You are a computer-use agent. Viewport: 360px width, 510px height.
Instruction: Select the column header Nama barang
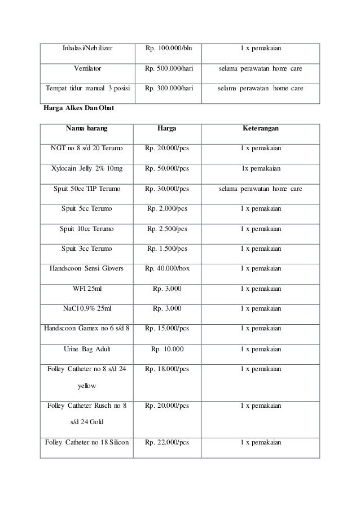coord(87,129)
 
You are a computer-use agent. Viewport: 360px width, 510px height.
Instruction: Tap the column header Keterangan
coord(260,129)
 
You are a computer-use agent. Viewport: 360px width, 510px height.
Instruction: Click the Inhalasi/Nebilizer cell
coord(87,48)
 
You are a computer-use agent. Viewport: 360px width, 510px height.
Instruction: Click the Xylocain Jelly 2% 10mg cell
coord(87,168)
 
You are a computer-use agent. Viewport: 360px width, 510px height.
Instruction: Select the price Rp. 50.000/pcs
coord(167,168)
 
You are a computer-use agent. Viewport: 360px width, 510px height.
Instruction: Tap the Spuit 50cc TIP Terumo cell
coord(87,189)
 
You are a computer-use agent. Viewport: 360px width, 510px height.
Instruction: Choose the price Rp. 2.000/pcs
coord(167,208)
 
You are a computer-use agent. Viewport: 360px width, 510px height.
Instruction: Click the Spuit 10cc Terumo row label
coord(87,229)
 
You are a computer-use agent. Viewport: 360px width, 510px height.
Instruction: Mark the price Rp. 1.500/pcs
coord(167,249)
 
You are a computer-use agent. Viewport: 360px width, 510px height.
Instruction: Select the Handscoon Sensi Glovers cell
coord(87,268)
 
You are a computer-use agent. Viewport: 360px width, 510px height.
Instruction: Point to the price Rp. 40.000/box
coord(167,268)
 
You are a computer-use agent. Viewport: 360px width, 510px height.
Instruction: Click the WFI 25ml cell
coord(87,289)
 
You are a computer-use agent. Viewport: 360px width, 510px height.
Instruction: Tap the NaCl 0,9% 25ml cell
coord(87,308)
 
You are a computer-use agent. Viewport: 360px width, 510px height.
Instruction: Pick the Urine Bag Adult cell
coord(87,348)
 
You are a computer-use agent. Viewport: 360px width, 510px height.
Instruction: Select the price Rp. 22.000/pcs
coord(167,442)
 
